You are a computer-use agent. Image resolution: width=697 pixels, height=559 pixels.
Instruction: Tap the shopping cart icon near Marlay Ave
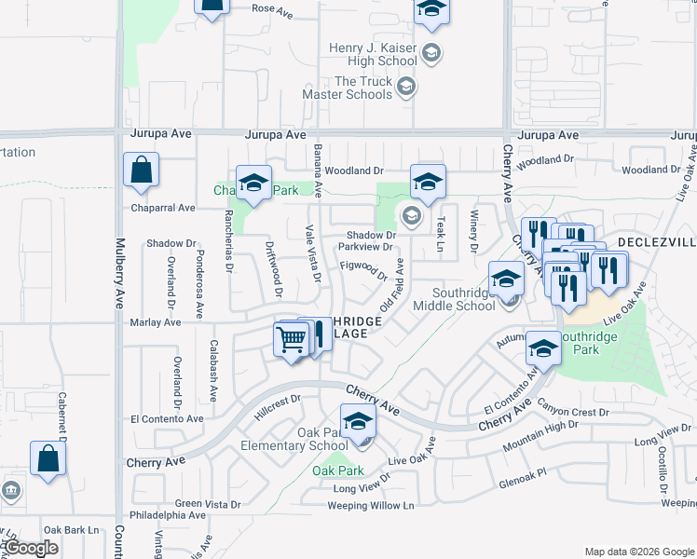292,339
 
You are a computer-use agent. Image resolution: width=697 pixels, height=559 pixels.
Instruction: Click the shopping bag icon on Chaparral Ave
141,171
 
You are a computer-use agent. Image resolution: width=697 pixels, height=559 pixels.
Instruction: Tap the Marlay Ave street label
156,322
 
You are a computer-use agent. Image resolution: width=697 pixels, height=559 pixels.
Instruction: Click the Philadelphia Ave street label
168,514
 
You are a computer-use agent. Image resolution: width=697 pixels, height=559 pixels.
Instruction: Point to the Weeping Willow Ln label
370,506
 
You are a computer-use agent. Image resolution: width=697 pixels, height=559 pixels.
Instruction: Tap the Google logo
31,548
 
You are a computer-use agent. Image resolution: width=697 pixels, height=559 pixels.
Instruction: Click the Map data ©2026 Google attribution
639,552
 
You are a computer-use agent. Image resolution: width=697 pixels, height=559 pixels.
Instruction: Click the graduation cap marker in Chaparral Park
253,184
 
